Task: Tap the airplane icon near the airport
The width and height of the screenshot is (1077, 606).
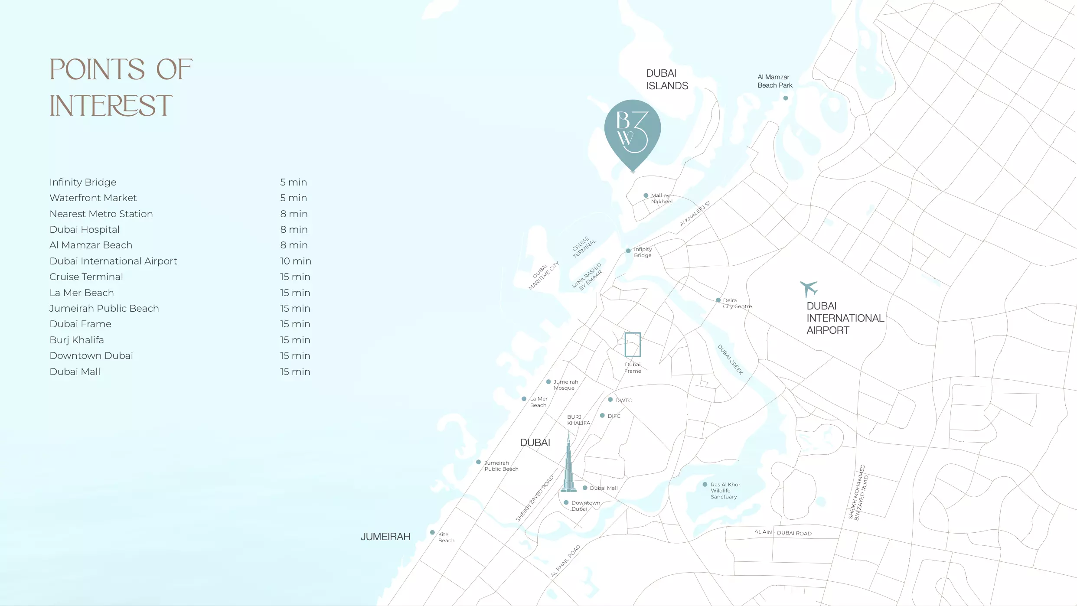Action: [809, 288]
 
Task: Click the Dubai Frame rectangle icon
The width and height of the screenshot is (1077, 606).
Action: [633, 345]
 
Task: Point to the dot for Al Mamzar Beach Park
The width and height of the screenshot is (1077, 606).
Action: [786, 98]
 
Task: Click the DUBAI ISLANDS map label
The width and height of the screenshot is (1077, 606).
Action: [667, 80]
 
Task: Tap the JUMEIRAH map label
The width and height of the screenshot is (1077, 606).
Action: [385, 537]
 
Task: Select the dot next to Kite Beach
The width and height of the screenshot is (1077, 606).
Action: [432, 532]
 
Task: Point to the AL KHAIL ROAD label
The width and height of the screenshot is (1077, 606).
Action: [565, 561]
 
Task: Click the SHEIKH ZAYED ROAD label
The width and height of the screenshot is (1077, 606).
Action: [535, 498]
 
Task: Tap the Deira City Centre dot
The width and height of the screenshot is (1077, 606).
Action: [718, 300]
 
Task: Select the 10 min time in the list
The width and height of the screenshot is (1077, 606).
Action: [295, 261]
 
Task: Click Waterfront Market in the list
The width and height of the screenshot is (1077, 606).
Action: [93, 198]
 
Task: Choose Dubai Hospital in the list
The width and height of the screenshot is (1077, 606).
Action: [85, 229]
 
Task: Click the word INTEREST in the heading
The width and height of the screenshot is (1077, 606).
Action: [111, 106]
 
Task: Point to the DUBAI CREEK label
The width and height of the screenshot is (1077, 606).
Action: [731, 359]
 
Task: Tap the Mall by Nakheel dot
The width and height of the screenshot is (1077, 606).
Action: [646, 195]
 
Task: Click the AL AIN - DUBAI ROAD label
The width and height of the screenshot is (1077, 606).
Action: [783, 533]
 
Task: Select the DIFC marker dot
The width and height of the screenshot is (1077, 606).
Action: [602, 415]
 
